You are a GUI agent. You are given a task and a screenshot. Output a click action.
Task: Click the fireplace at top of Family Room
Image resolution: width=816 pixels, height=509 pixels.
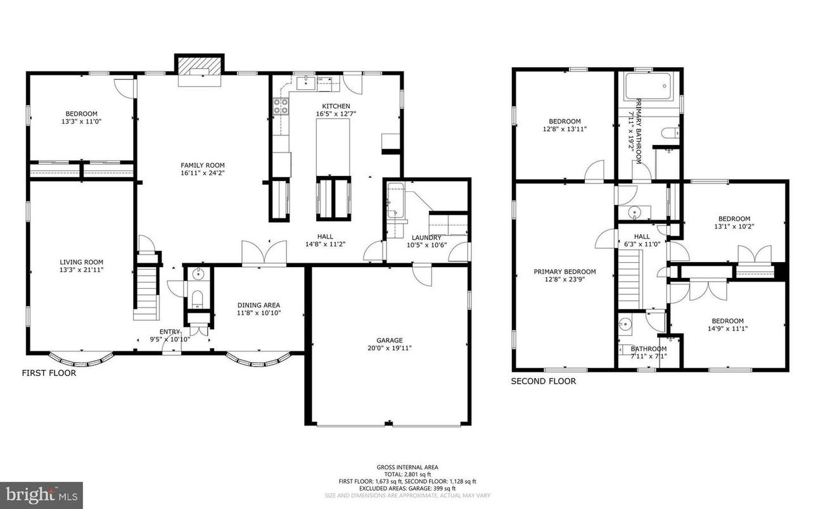point(200,66)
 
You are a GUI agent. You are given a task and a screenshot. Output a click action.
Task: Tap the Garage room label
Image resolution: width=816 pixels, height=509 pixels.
point(389,340)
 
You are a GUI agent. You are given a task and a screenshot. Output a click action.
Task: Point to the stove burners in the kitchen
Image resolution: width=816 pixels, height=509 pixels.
point(280,108)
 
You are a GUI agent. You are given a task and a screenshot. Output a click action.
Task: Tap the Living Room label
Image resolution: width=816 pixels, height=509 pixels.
point(81,262)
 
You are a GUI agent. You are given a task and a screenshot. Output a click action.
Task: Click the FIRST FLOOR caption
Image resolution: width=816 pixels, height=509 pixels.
point(49,374)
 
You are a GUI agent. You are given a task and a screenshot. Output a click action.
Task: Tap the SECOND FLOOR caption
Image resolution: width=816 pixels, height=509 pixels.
point(543,381)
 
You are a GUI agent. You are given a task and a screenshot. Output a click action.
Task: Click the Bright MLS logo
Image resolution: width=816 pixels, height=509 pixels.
point(41,492)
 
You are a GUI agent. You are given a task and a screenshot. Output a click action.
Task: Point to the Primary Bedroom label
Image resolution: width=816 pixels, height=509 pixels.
point(564,272)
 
